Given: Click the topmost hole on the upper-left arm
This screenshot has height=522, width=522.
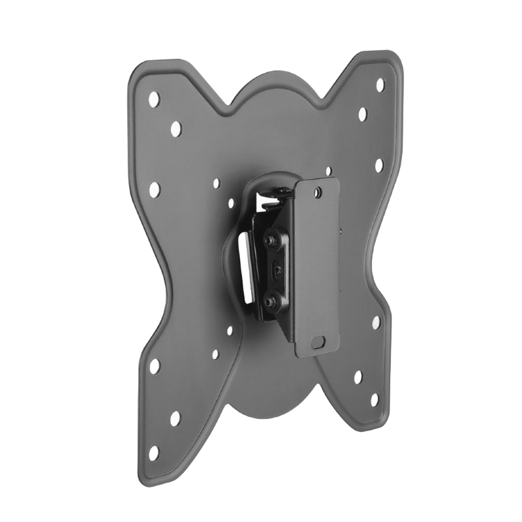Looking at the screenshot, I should pos(153,99).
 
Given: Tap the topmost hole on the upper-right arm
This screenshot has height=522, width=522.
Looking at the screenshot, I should pos(380,85).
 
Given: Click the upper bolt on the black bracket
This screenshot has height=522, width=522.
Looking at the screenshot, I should pos(269,239).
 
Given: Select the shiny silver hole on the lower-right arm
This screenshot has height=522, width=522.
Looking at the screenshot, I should pos(376,322).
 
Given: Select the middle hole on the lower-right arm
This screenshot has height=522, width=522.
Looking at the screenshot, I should pos(358,376).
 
